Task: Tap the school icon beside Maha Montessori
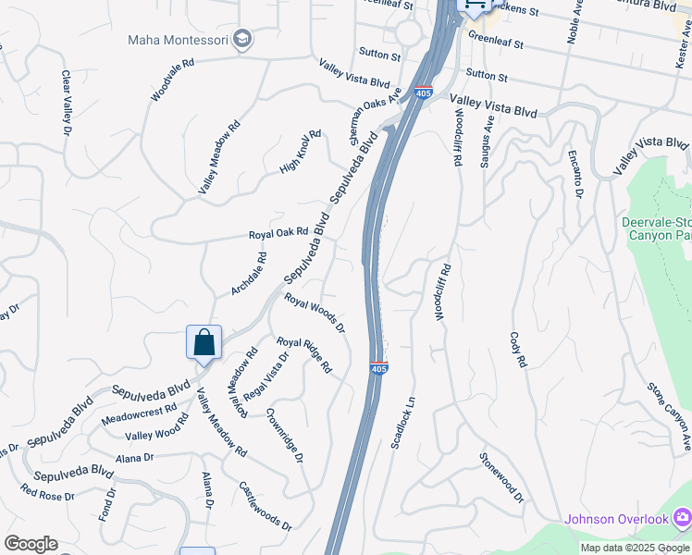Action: pos(241,39)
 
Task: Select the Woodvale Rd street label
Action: pos(173,80)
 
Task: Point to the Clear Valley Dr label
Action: pos(66,104)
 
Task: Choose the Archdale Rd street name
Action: pos(249,274)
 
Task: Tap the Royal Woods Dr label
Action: pos(315,314)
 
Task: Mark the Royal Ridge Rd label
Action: pos(304,353)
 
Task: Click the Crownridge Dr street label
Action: pos(284,435)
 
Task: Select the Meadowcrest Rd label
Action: pos(139,412)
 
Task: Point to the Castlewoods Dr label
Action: pos(266,505)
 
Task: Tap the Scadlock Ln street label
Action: pos(403,424)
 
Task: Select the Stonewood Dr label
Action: pos(501,477)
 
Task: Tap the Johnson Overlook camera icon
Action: pos(682,518)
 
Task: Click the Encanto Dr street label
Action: pos(575,173)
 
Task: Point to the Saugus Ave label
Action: pos(485,142)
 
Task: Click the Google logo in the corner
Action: pos(31,544)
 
